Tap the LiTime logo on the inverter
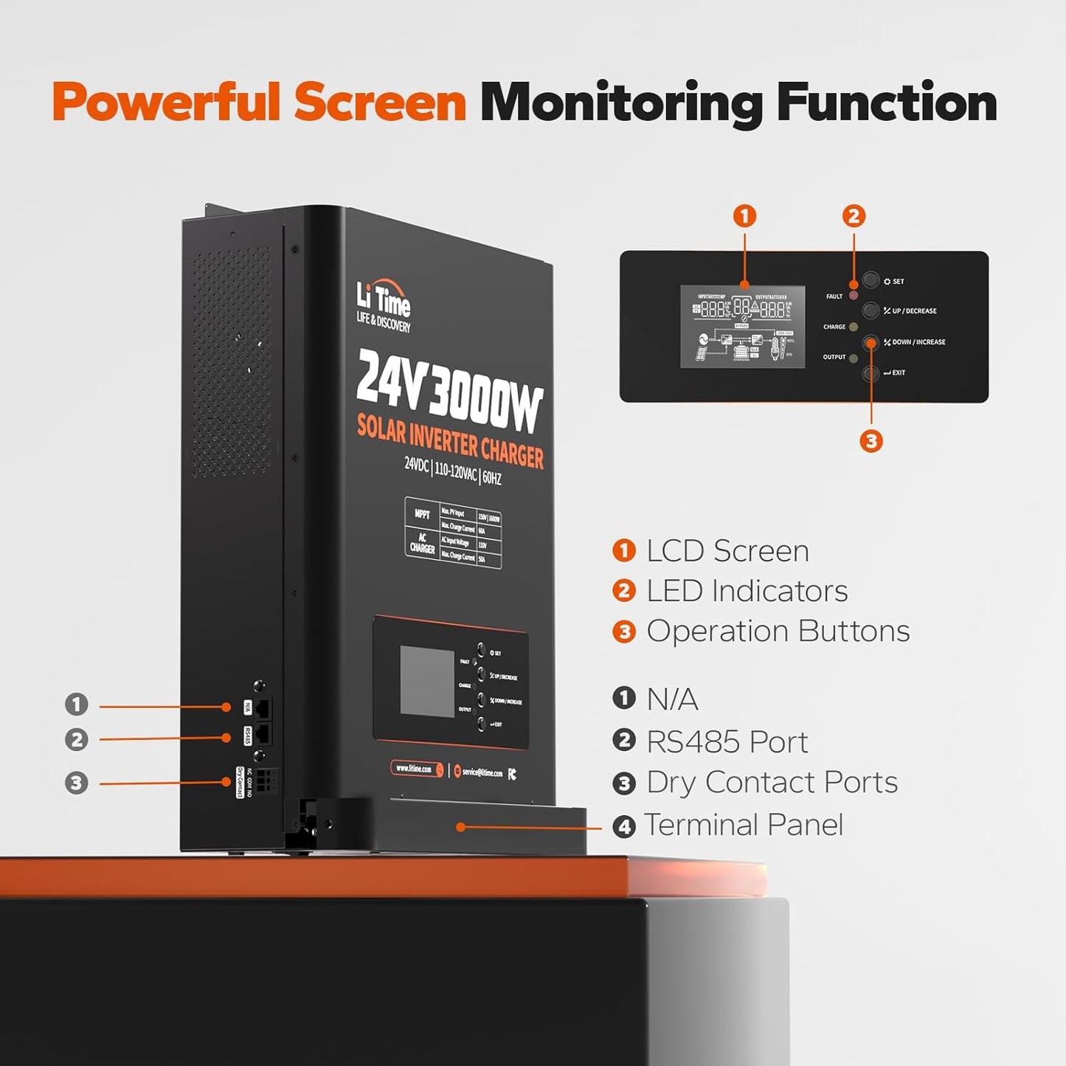384,306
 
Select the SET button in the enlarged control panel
871,280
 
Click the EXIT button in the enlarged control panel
871,373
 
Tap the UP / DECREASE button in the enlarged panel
871,311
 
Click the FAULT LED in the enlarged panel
854,296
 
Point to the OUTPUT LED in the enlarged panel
854,359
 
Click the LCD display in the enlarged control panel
742,326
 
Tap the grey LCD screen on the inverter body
426,681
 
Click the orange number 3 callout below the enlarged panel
871,441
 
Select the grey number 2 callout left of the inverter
76,739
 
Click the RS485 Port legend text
727,742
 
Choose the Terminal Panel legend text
743,825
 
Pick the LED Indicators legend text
747,591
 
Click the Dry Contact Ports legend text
772,783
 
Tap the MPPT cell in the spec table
422,513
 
